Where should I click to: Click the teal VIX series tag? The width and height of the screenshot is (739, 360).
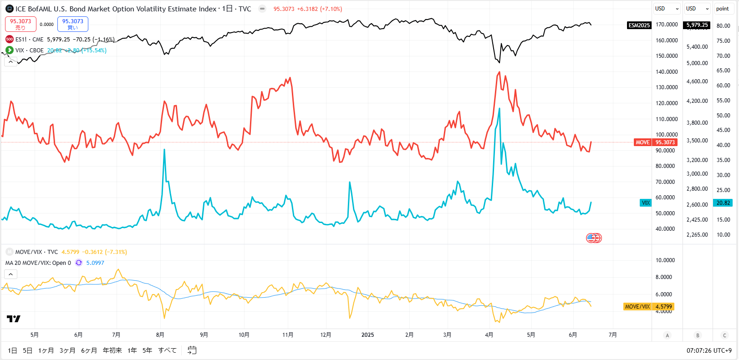click(646, 203)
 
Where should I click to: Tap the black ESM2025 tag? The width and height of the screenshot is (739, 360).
click(639, 25)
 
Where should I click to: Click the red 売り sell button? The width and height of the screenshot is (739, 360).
click(20, 24)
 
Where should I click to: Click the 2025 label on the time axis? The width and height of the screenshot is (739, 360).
click(367, 335)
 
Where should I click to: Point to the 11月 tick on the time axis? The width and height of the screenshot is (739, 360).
click(288, 335)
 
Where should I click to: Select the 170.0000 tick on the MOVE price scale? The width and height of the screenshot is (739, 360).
click(667, 25)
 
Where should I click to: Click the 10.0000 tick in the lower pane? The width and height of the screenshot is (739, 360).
click(665, 260)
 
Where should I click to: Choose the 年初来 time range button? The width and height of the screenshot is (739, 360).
click(112, 350)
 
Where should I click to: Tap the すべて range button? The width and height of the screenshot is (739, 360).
click(167, 350)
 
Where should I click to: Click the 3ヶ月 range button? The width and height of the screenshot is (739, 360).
click(67, 350)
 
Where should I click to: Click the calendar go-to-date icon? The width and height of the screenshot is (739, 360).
click(192, 350)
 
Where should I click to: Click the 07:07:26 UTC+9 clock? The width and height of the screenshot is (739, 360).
click(709, 350)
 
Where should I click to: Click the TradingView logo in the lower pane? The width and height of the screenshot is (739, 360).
click(14, 319)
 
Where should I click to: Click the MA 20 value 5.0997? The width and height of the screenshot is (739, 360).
click(95, 263)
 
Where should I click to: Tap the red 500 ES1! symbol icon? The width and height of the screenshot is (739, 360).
click(10, 40)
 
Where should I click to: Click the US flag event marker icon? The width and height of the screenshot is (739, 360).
click(591, 238)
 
